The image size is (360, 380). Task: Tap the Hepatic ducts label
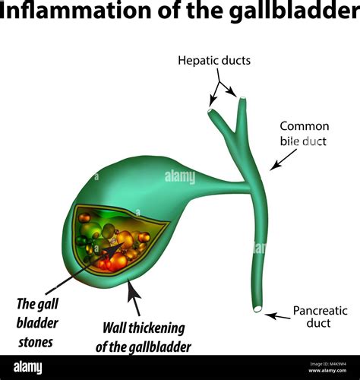pos(214,60)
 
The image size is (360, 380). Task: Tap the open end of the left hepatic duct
pos(210,111)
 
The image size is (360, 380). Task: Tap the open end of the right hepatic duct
pos(242,99)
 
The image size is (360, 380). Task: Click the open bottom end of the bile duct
pos(258,309)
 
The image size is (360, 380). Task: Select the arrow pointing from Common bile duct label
pos(285,158)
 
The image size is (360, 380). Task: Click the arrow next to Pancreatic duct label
pos(278,315)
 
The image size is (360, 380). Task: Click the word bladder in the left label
pos(38,322)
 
